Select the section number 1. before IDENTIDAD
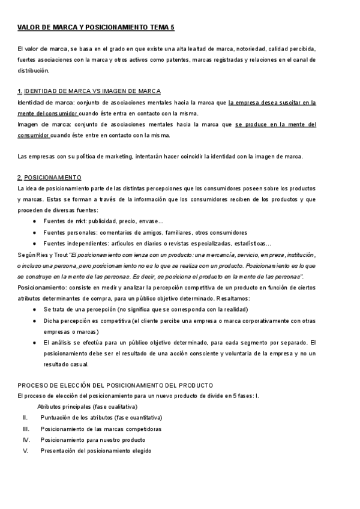20,91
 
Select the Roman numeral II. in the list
26,417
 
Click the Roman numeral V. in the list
26,450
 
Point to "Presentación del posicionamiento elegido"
96,450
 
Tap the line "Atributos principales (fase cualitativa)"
88,406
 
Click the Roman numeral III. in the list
26,429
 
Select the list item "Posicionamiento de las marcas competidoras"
101,429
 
